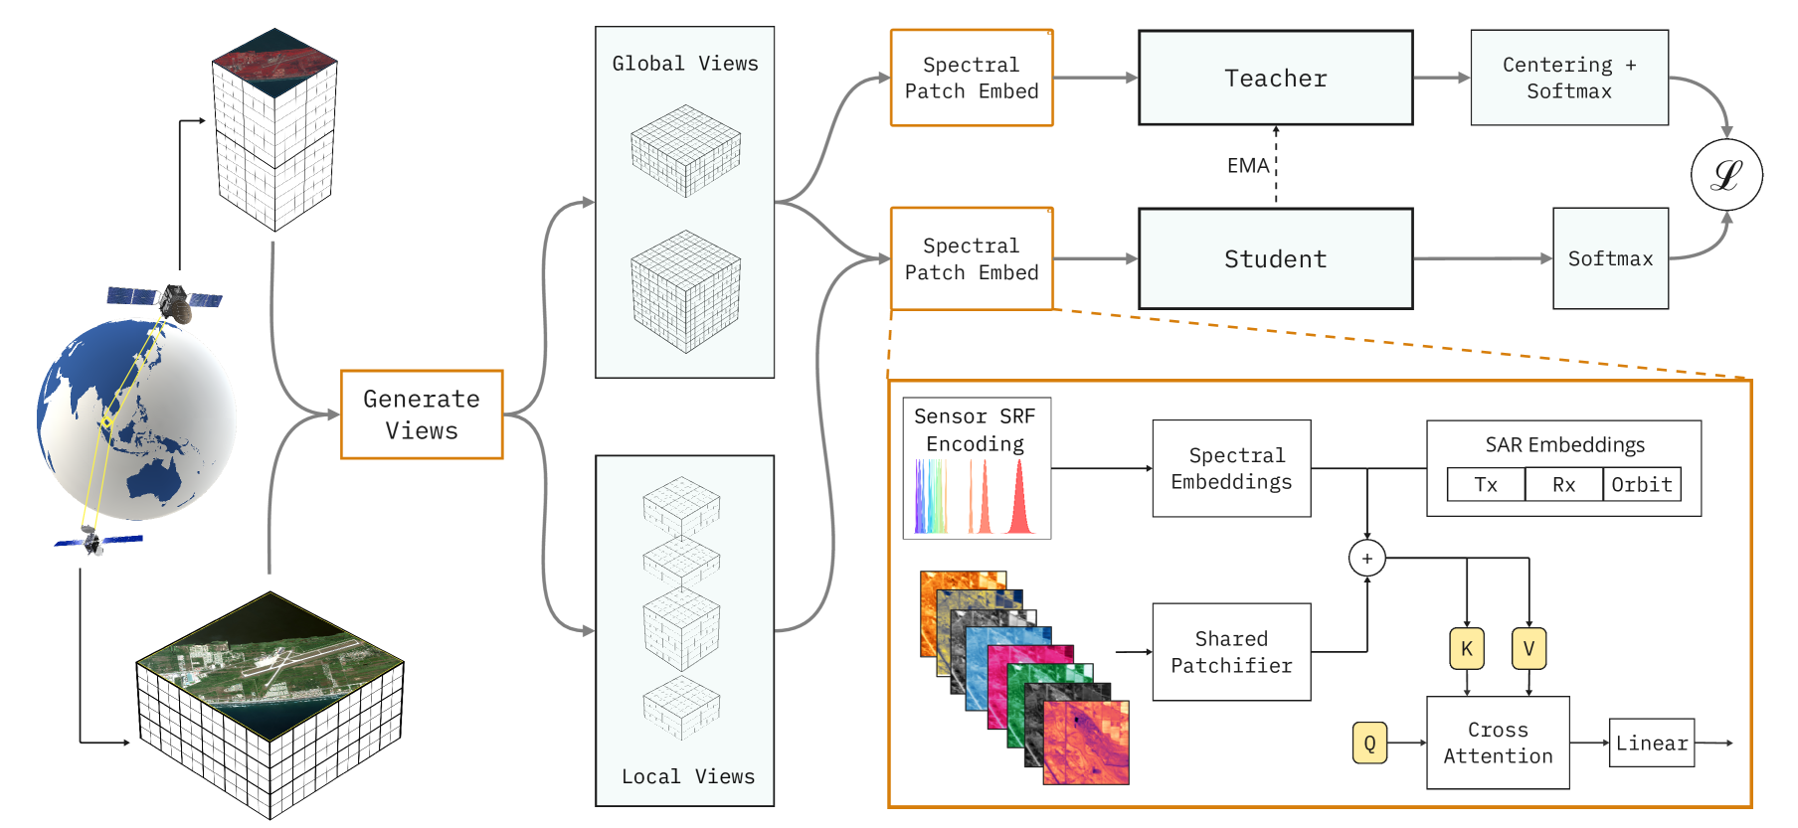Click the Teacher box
1275,78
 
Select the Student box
1275,258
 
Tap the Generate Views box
422,414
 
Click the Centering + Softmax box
1568,78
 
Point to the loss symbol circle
1726,175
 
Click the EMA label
1247,166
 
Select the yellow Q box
1369,743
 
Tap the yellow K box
1467,649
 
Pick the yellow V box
1528,649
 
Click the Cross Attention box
1498,743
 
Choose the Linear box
1651,743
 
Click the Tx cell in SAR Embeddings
1486,484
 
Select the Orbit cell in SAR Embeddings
1642,484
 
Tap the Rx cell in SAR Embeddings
1563,484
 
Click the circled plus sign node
1366,559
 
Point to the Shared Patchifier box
1231,652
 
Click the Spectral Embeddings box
1231,468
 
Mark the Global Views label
685,64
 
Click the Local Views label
688,776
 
